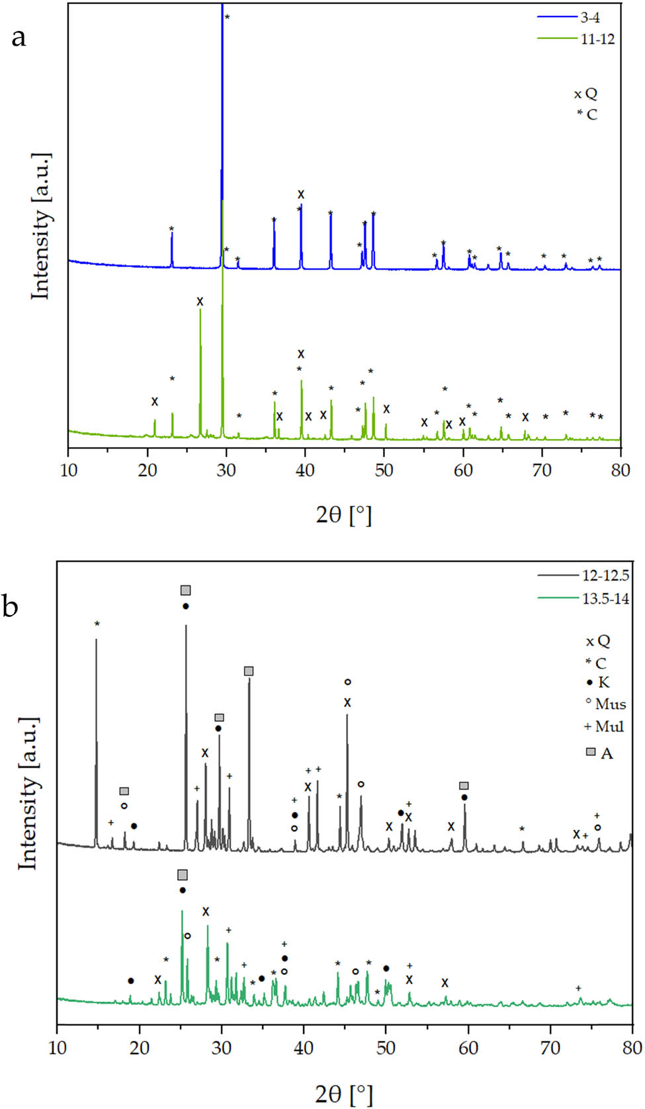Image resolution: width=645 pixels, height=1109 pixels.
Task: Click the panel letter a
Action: coord(19,38)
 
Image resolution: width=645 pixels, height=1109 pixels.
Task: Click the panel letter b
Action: coord(11,606)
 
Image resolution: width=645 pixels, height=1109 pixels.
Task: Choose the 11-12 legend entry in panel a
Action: coord(597,39)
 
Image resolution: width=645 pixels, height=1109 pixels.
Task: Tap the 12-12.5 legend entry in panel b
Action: coord(605,575)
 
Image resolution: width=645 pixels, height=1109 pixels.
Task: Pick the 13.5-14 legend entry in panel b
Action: coord(605,599)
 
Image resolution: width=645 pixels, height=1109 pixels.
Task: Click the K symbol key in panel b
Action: coord(598,682)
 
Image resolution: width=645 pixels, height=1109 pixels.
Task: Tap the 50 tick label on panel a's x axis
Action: coord(384,470)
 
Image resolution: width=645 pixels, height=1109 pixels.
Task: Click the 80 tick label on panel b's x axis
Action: coord(632,1047)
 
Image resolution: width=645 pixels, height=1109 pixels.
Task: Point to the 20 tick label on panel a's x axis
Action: coord(148,470)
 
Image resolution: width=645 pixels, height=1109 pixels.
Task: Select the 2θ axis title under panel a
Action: coord(344,514)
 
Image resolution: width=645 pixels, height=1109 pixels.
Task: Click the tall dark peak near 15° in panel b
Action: coord(97,741)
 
